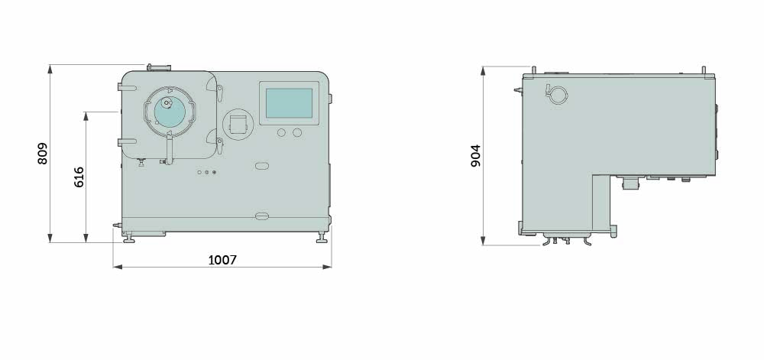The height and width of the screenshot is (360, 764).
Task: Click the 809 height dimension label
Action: [43, 154]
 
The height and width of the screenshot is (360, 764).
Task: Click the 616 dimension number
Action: [79, 177]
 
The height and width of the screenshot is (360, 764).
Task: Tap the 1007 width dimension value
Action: [222, 260]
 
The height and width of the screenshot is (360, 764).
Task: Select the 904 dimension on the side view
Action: [475, 155]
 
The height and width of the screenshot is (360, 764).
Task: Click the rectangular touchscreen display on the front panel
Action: [289, 103]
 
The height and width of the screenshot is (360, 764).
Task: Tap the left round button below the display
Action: [282, 132]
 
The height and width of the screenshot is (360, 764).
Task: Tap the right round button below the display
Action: [297, 132]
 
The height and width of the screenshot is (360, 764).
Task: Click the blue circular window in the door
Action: [170, 112]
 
